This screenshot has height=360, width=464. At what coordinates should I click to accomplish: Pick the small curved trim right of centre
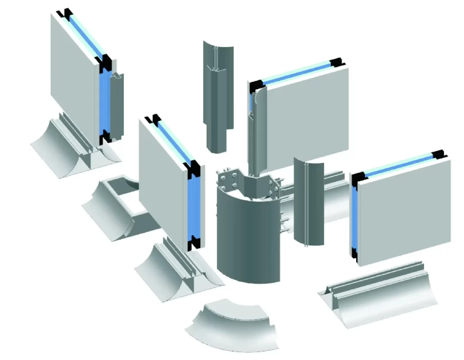point(309,202)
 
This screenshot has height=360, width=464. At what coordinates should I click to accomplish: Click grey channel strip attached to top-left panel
point(117,104)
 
